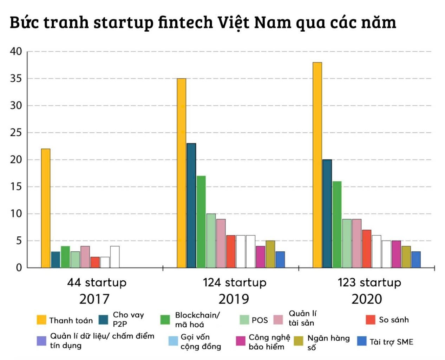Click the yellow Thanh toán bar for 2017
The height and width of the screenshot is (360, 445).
tap(46, 208)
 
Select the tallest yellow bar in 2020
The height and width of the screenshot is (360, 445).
tap(317, 165)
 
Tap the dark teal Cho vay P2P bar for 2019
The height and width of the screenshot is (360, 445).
tap(191, 205)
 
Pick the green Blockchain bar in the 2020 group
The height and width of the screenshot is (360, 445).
tap(337, 224)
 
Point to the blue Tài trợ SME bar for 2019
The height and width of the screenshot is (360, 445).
tap(280, 260)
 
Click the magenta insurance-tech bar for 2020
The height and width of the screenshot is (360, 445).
tap(396, 254)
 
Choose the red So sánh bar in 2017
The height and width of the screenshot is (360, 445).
tap(95, 262)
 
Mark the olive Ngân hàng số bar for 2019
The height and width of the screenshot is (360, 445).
tap(270, 254)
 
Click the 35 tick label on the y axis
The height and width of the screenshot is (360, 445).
tap(16, 78)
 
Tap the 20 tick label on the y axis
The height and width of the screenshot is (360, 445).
tap(16, 159)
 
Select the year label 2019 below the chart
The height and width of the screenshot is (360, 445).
tap(234, 299)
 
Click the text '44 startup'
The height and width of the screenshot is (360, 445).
tap(97, 282)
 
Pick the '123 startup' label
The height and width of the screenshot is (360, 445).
tap(369, 282)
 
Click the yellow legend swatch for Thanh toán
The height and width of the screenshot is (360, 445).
tap(41, 320)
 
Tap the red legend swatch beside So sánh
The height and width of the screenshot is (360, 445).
tap(371, 320)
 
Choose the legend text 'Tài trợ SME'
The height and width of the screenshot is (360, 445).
tap(391, 342)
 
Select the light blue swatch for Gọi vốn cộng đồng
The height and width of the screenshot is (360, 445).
tap(173, 341)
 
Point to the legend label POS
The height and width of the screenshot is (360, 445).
tap(260, 320)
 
